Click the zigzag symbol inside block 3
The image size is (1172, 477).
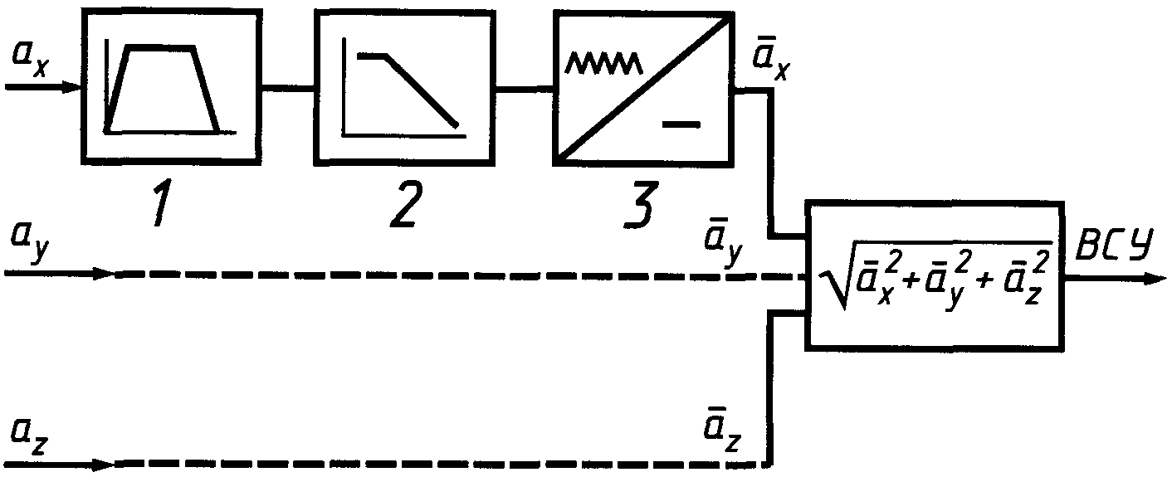pos(602,62)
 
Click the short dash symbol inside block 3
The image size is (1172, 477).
pos(681,125)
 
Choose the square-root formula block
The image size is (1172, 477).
pos(935,275)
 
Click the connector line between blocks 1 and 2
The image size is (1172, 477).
pos(286,85)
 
